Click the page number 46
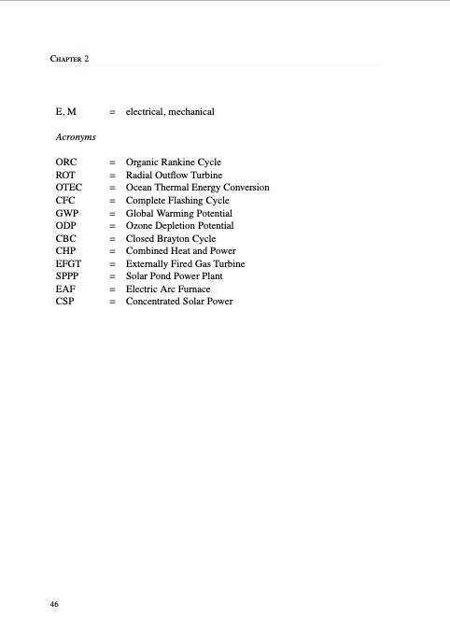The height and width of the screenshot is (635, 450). coord(55,605)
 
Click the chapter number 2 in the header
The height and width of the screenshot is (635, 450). coord(86,59)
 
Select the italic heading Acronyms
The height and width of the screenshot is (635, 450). coord(76,137)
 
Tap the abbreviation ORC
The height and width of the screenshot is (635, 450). coord(66,162)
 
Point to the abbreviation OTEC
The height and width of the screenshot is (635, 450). coord(69,188)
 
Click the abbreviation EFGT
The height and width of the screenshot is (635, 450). coord(69,264)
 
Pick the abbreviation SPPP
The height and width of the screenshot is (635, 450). coord(68,276)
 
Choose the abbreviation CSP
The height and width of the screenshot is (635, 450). coord(65,302)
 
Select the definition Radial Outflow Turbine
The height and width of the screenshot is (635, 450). coord(174,175)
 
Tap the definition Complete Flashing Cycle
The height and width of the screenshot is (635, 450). coord(177,201)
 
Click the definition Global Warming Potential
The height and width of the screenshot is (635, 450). coord(178,213)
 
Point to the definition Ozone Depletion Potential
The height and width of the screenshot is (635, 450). coord(179,226)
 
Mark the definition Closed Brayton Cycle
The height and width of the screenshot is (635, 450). coord(171,238)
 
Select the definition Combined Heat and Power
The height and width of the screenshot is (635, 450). coord(181,251)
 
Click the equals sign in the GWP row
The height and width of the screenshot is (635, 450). coord(112,213)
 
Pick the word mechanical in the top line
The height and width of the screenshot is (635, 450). coord(192,112)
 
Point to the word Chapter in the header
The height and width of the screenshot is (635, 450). coord(65,59)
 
